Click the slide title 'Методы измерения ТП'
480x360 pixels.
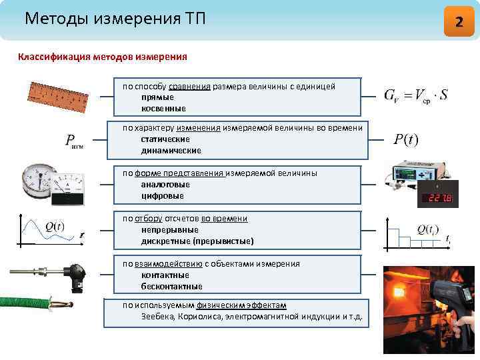click(x=115, y=19)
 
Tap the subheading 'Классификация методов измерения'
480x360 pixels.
click(x=102, y=57)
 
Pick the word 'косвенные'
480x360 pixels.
click(x=163, y=108)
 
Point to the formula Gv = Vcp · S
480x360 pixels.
click(x=415, y=96)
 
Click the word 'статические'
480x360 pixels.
click(x=165, y=139)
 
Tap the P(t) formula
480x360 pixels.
click(x=405, y=139)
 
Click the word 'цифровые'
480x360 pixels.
click(x=162, y=195)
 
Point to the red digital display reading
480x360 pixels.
click(x=438, y=198)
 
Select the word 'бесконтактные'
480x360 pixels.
click(x=171, y=286)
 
